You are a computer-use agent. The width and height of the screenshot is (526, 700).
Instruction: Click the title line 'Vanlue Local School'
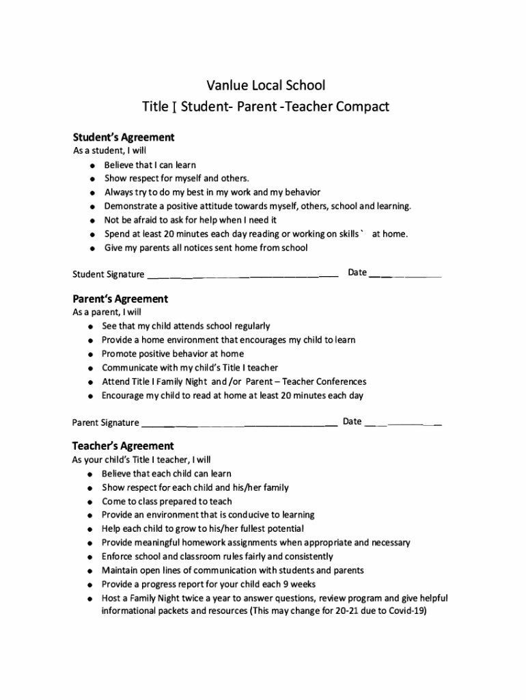click(266, 85)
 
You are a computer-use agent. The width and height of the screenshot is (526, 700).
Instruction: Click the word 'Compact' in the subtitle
click(363, 107)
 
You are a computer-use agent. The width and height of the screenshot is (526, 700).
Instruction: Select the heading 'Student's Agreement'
click(124, 137)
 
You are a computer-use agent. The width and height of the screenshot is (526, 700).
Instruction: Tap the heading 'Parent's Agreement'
click(120, 299)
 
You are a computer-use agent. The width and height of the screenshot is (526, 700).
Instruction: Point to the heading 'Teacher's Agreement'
click(123, 446)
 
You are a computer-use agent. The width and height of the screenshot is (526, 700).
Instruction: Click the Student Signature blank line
click(243, 275)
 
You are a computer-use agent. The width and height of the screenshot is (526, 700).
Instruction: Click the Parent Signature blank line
click(239, 423)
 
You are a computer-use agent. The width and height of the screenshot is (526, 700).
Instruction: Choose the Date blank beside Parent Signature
click(403, 422)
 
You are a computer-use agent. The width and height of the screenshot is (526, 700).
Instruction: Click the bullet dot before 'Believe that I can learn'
click(91, 165)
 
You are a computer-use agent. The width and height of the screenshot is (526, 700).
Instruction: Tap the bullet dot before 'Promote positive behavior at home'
click(90, 354)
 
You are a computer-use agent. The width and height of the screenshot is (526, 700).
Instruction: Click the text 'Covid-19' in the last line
click(407, 612)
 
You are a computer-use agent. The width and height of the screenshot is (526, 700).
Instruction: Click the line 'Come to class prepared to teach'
click(167, 501)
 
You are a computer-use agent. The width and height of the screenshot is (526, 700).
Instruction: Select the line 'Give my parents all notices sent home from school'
click(206, 247)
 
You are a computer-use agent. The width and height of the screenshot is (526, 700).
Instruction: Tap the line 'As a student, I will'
click(109, 150)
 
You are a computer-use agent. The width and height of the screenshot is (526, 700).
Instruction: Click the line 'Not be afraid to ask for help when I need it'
click(190, 220)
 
